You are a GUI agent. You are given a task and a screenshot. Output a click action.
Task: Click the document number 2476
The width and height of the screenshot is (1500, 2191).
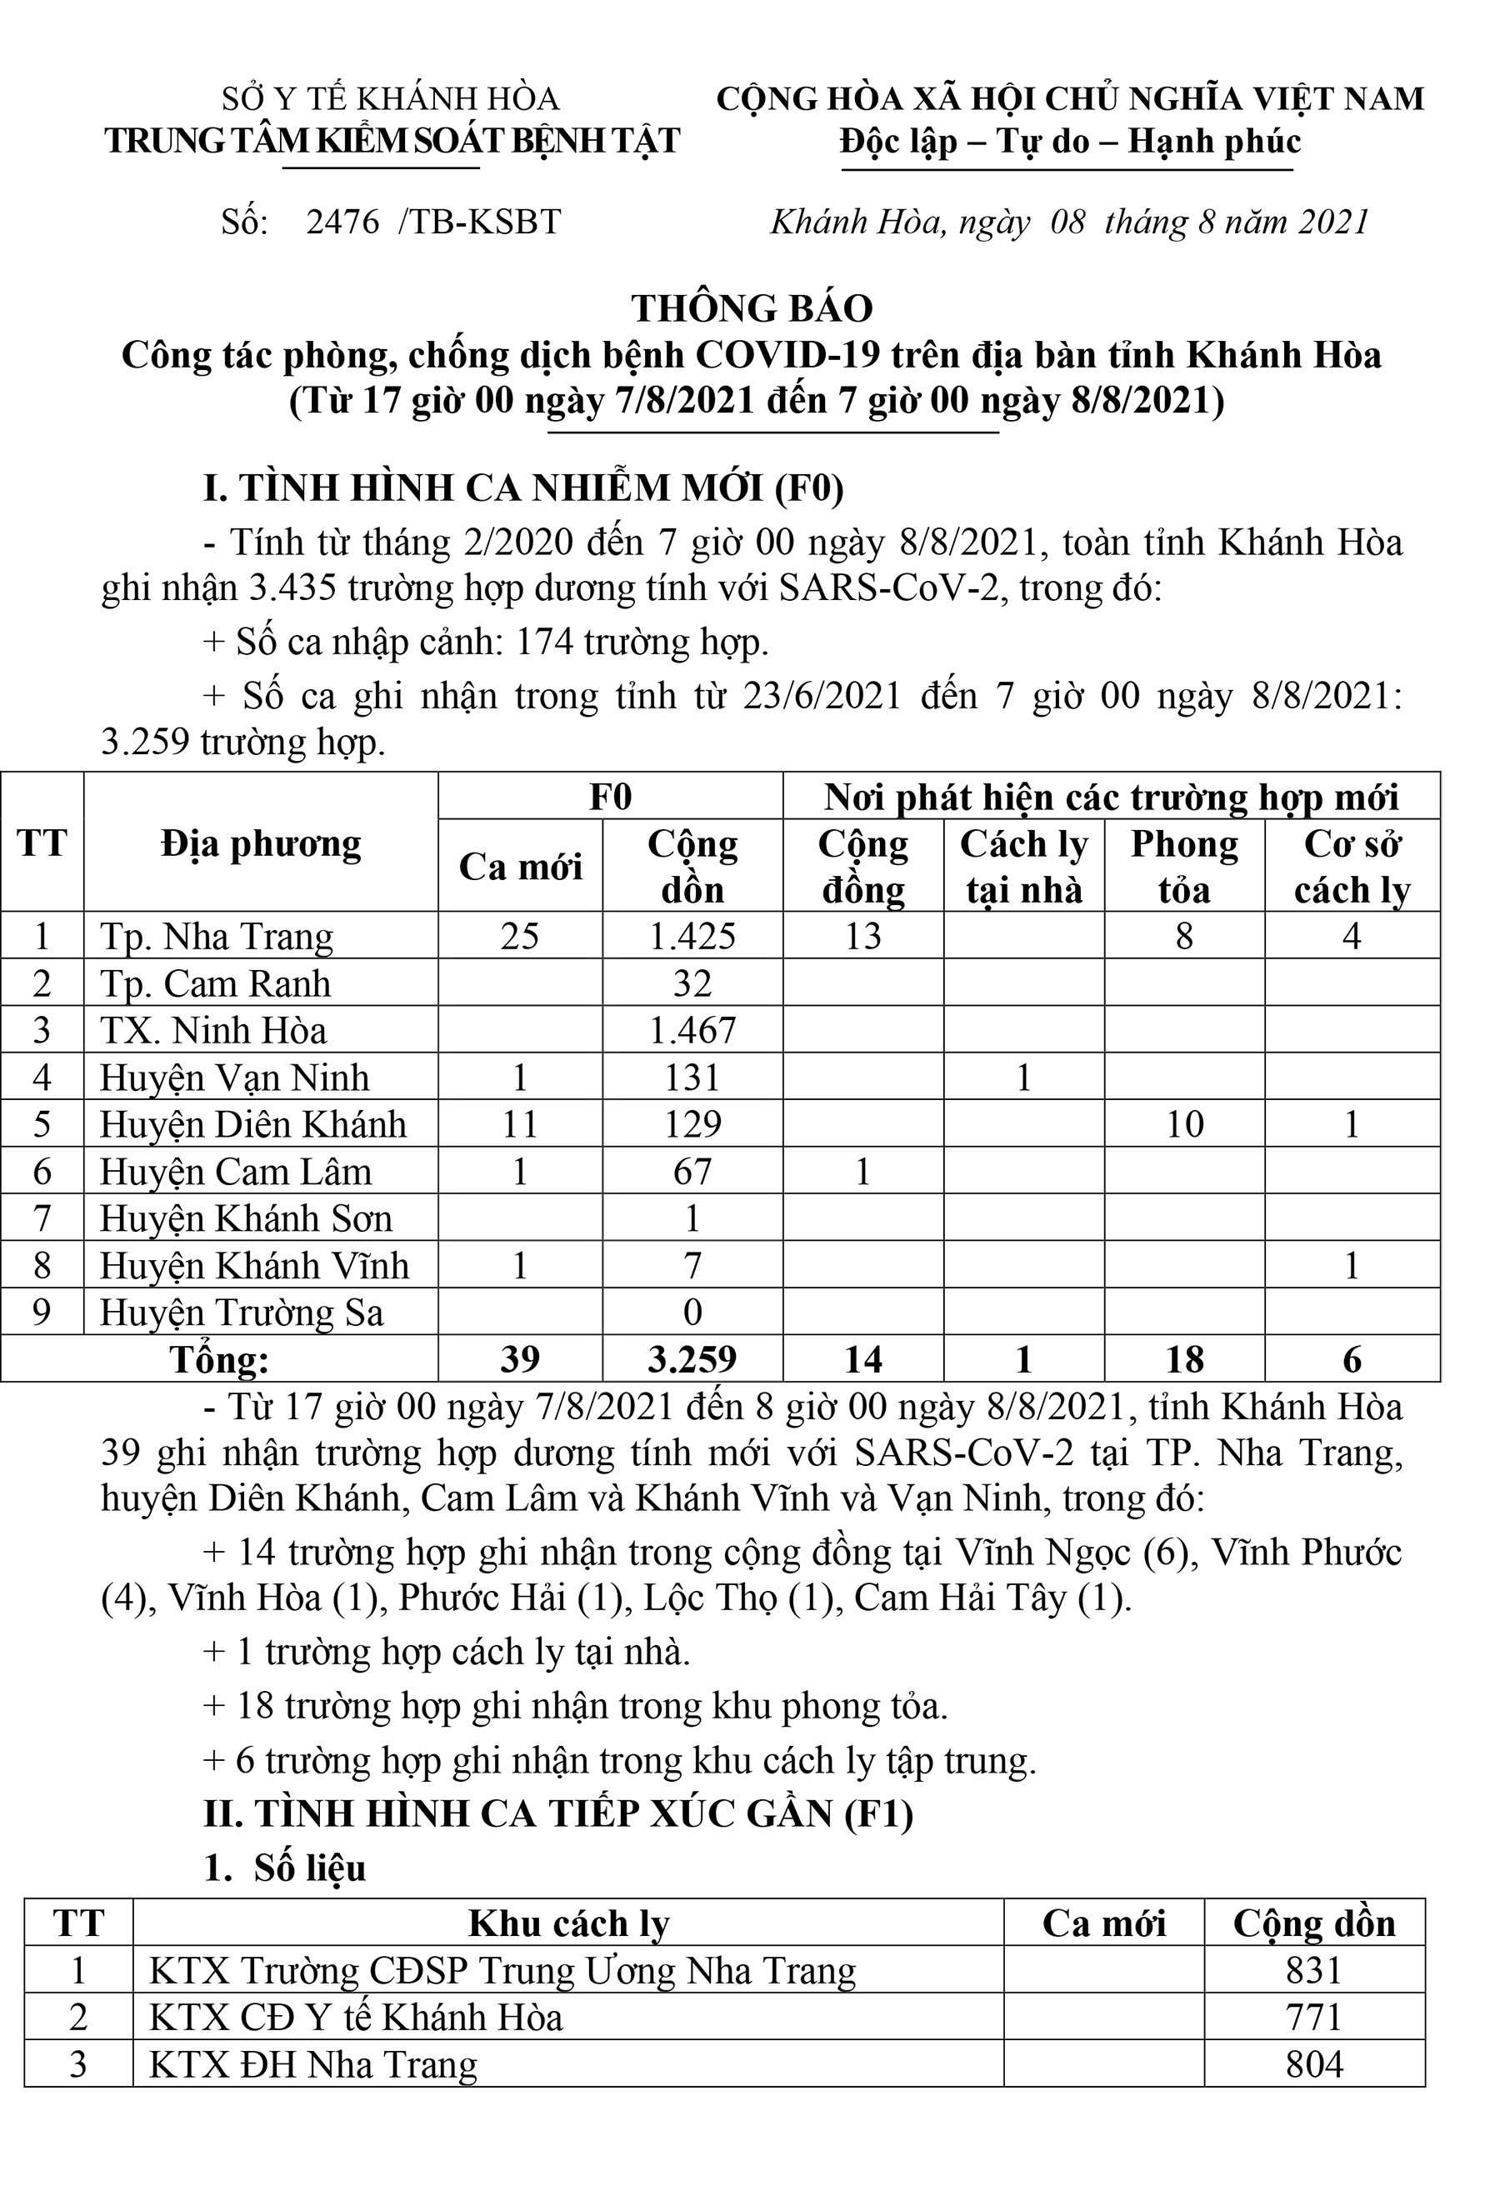pos(342,223)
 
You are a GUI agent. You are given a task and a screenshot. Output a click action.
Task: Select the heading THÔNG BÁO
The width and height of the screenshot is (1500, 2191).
pos(752,308)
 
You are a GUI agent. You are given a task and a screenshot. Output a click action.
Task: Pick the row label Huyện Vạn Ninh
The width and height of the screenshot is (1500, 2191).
pos(235,1077)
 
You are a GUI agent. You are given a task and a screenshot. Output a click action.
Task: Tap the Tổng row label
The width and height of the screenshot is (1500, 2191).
pos(218,1359)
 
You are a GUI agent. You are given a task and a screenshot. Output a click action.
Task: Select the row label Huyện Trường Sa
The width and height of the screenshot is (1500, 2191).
pos(242,1313)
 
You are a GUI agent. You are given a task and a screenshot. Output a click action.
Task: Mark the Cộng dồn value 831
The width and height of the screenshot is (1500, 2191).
pos(1313,1970)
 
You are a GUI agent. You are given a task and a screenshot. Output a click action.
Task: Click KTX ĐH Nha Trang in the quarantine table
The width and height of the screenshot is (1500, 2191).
pos(313,2064)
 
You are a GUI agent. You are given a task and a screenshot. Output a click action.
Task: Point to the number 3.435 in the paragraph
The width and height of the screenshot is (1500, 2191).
pos(293,588)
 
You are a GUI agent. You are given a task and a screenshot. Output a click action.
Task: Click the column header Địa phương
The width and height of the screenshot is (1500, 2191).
pos(261,843)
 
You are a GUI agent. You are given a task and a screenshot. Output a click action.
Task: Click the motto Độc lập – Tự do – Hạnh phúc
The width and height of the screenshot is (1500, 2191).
pos(1070,142)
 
